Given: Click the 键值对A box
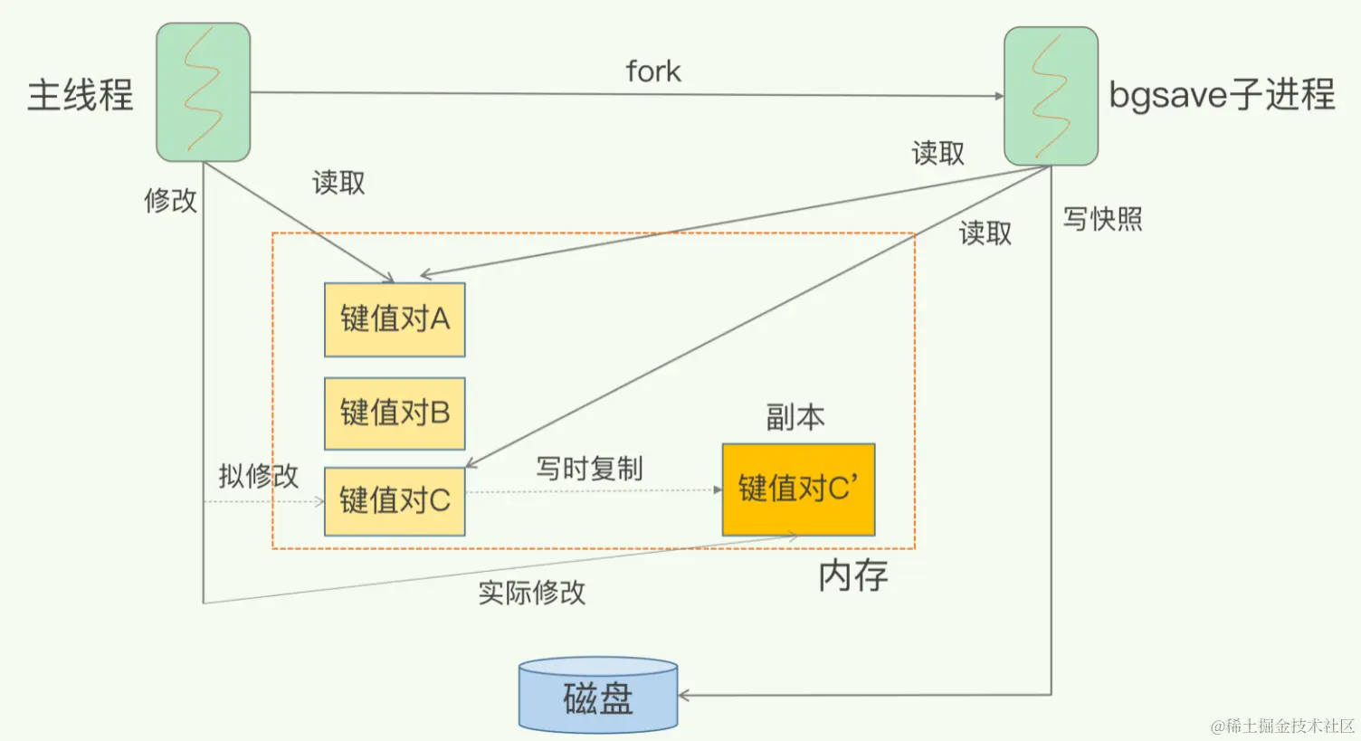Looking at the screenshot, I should point(395,319).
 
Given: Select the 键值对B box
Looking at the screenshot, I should point(395,413).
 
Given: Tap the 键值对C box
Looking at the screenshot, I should point(395,500).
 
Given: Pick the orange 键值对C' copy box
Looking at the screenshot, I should point(798,489).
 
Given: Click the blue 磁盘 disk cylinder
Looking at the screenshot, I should point(598,696).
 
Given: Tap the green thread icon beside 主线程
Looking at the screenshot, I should point(203,92).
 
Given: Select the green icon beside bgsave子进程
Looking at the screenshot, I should point(1051,96).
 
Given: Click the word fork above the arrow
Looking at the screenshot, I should point(653,71).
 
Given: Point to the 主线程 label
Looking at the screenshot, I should point(81,95).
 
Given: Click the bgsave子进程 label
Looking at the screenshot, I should point(1222,94).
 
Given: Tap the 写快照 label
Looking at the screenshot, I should point(1102,219).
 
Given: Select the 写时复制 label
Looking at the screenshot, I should point(589,469).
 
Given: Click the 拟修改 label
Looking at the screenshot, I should point(258,476).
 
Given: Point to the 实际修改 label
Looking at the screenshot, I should point(531,593).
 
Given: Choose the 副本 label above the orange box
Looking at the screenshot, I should point(795,417).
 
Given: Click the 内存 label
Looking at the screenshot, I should point(852,575).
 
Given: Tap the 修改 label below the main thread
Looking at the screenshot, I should point(170,200).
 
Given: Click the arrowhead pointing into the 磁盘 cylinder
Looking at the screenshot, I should point(683,695).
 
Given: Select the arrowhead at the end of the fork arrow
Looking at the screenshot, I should point(999,96).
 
